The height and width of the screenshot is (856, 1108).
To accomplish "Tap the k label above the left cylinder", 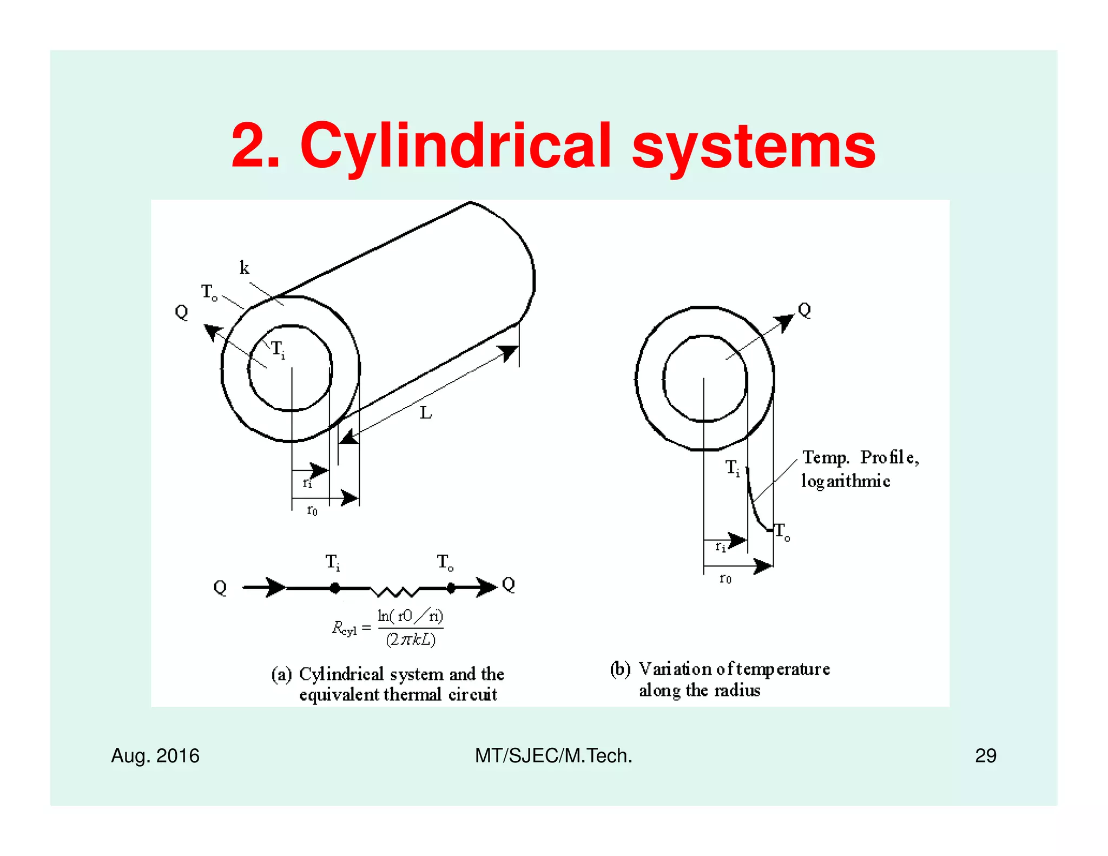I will pyautogui.click(x=245, y=267).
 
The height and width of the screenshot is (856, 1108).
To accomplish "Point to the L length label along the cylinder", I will pyautogui.click(x=426, y=413).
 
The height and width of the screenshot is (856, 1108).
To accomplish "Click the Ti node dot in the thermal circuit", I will pyautogui.click(x=335, y=588).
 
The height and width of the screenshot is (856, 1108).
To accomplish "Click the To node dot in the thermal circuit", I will pyautogui.click(x=451, y=588).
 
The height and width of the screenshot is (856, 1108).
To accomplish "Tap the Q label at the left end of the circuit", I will pyautogui.click(x=220, y=588).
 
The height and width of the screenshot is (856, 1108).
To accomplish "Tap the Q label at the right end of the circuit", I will pyautogui.click(x=509, y=584).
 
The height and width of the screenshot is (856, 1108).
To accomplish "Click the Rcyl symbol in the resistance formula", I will pyautogui.click(x=344, y=629).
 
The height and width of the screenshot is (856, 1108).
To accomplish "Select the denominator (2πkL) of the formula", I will pyautogui.click(x=411, y=640).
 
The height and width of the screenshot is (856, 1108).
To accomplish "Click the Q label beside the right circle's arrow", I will pyautogui.click(x=804, y=310).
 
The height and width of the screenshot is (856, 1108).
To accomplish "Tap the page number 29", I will pyautogui.click(x=985, y=755).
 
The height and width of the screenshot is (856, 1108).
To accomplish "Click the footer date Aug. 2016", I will pyautogui.click(x=155, y=755).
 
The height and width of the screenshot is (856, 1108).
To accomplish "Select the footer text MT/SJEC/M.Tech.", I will pyautogui.click(x=553, y=755).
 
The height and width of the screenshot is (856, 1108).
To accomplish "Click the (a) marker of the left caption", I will pyautogui.click(x=281, y=674).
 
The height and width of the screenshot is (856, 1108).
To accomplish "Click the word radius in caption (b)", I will pyautogui.click(x=737, y=691).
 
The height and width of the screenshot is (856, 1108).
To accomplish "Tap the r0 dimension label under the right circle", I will pyautogui.click(x=725, y=579).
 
